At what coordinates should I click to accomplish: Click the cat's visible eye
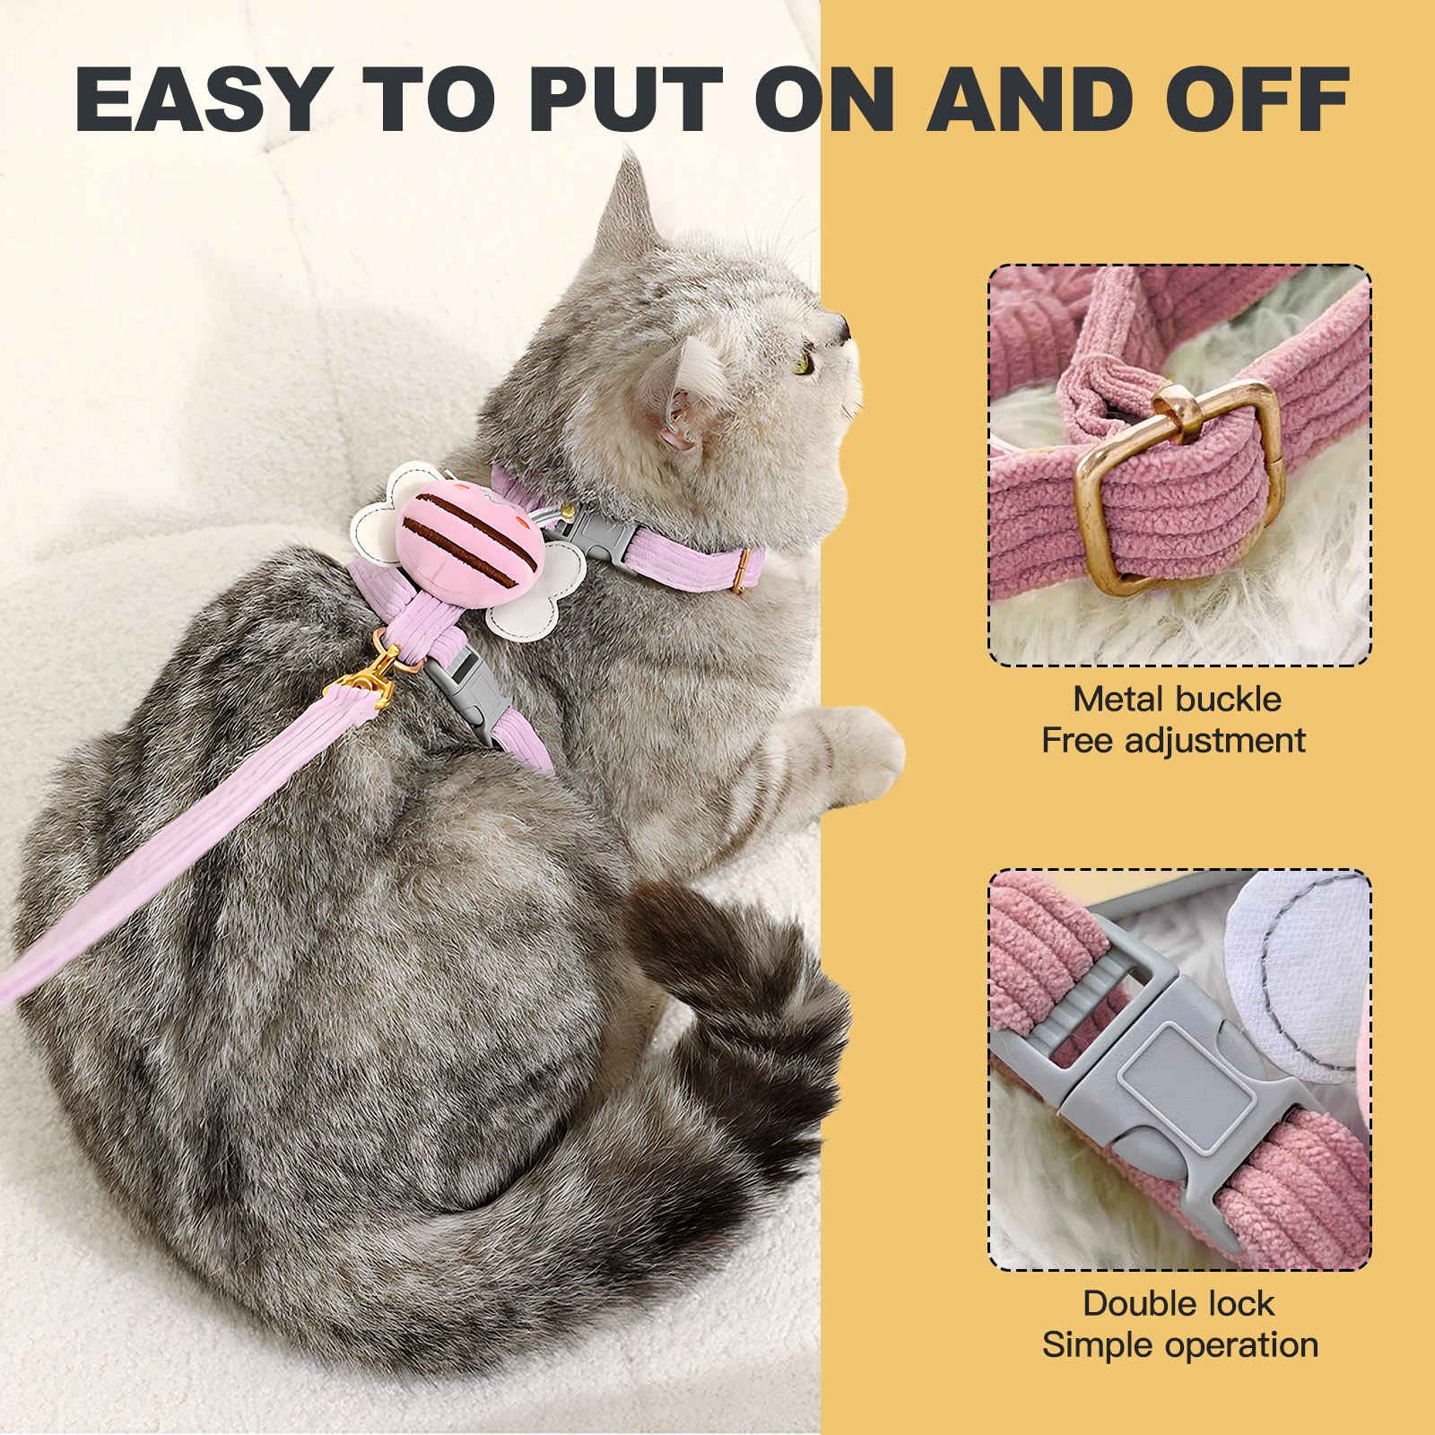pyautogui.click(x=804, y=363)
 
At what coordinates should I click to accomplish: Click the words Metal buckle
pyautogui.click(x=1178, y=699)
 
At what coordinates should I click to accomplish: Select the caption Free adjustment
pyautogui.click(x=1173, y=741)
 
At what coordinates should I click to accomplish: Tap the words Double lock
pyautogui.click(x=1178, y=1303)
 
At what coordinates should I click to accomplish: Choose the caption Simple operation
pyautogui.click(x=1180, y=1345)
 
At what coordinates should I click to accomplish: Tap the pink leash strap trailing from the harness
pyautogui.click(x=179, y=839)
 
